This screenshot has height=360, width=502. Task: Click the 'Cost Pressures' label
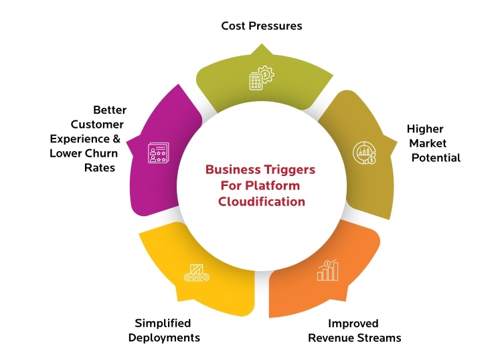(262, 26)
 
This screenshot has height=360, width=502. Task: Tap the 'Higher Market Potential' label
(434, 143)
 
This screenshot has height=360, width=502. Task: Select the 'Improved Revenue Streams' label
(354, 331)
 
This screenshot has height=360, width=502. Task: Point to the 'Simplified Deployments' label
(164, 331)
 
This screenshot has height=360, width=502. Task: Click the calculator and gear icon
(261, 78)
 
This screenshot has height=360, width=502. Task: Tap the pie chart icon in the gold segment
(365, 153)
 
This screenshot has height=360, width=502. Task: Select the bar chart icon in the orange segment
(328, 270)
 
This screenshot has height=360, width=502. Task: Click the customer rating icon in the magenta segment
(159, 153)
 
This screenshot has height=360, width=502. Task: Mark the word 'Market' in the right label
(429, 143)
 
